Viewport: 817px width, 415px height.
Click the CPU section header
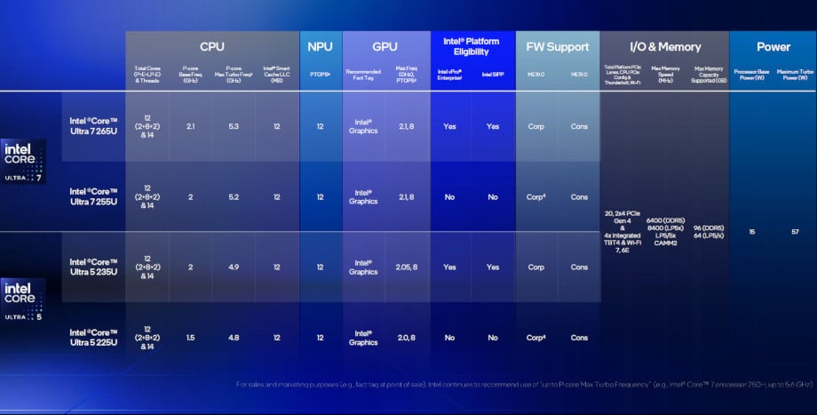[211, 46]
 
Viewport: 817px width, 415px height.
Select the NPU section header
[320, 46]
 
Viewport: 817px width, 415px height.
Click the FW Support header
[557, 46]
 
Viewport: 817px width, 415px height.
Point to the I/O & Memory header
[664, 46]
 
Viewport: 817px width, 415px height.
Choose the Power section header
[773, 46]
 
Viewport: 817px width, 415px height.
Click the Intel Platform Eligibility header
[471, 46]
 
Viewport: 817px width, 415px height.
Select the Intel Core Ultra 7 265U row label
[94, 126]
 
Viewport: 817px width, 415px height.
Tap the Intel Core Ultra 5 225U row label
[94, 338]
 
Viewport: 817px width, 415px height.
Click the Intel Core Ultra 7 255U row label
[94, 196]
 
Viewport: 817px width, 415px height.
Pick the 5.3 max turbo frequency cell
[234, 126]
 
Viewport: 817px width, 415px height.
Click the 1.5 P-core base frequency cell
[191, 338]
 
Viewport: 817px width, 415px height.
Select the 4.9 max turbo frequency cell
[234, 267]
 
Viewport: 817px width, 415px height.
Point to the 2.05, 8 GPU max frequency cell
[406, 267]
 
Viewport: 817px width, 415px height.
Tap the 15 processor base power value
[751, 231]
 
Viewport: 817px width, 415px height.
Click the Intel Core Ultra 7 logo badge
[24, 161]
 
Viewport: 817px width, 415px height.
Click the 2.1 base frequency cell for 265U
[191, 126]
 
